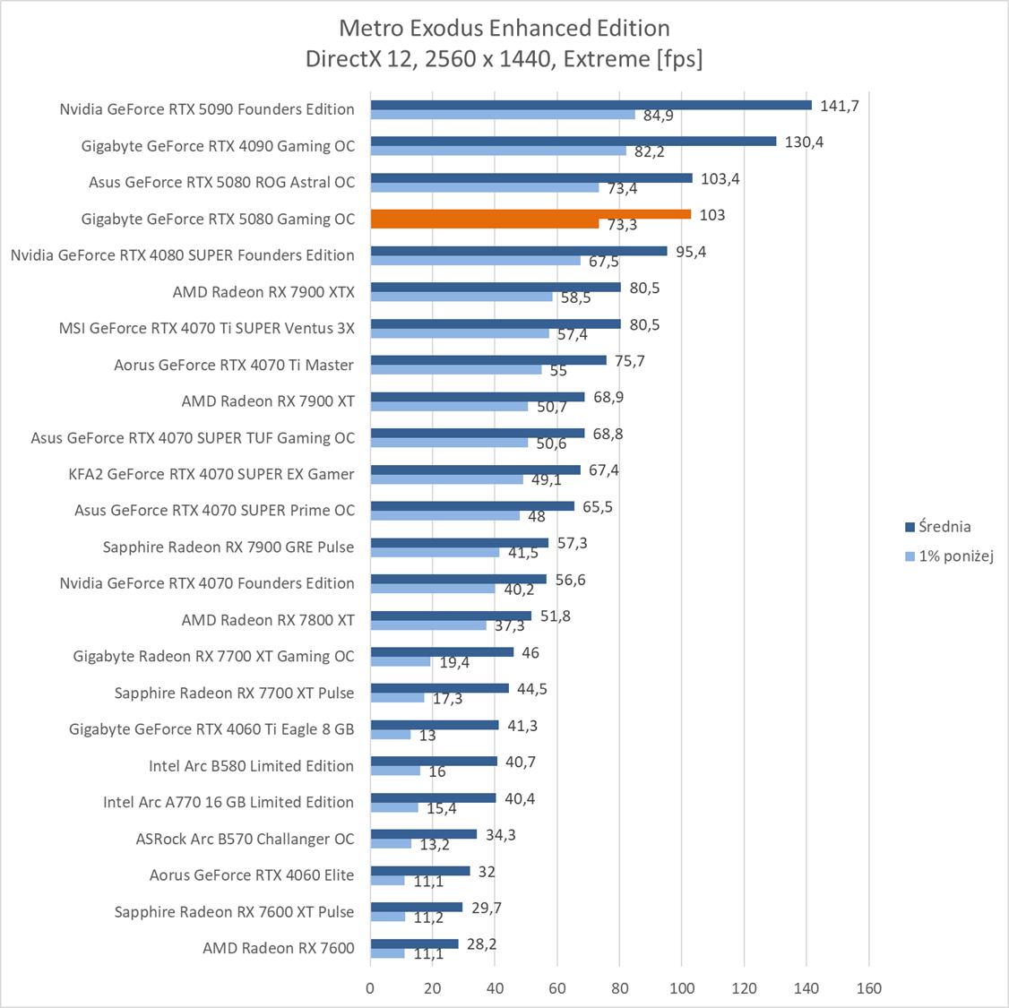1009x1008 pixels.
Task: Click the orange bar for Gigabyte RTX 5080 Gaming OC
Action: point(530,214)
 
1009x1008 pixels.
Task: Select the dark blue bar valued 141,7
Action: point(591,105)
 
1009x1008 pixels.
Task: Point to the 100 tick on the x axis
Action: point(682,988)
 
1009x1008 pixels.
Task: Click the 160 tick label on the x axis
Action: point(868,988)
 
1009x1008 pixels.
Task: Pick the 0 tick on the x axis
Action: point(370,988)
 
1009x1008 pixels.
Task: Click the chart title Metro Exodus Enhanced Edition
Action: point(504,28)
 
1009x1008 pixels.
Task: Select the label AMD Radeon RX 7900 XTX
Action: point(263,291)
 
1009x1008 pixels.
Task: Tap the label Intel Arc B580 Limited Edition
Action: point(251,766)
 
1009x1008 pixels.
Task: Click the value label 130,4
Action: point(804,142)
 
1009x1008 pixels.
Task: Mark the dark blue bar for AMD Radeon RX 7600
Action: point(414,943)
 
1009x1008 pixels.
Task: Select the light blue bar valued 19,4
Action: point(401,662)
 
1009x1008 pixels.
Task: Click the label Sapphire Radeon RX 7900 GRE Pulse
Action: point(228,547)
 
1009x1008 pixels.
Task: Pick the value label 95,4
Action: point(691,252)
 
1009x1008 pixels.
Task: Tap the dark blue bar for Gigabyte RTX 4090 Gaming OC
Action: point(573,141)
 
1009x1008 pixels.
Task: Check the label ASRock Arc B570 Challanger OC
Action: point(245,839)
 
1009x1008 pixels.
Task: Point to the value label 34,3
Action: point(500,835)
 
